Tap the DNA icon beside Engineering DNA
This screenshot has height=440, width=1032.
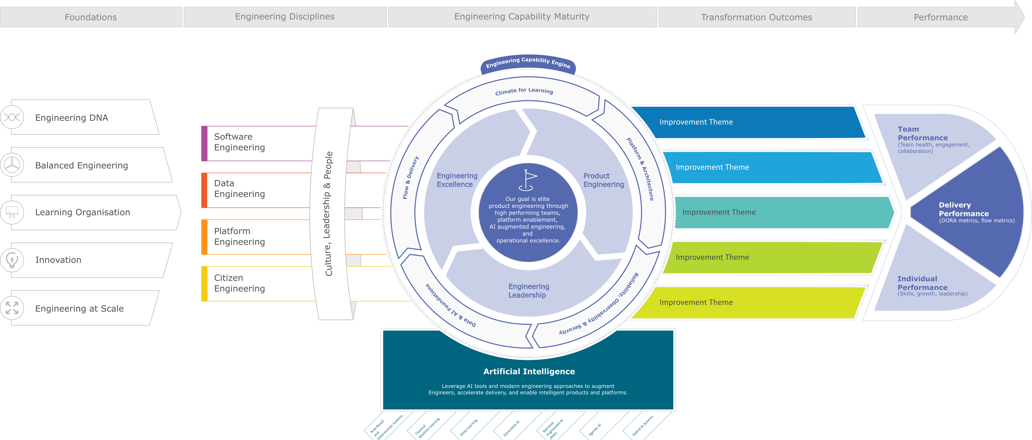coord(12,117)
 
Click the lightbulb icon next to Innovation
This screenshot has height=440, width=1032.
coord(12,260)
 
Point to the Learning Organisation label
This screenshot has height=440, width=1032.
coord(82,212)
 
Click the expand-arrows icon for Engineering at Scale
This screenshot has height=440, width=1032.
coord(12,308)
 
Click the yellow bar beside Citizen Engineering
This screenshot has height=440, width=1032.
coord(204,283)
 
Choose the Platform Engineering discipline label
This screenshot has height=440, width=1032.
coord(239,236)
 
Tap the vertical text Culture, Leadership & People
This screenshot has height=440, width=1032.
coord(328,213)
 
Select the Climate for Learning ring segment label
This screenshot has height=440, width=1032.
coord(524,91)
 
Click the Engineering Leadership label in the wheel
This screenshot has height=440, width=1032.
coord(529,291)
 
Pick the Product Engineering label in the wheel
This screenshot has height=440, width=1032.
coord(603,180)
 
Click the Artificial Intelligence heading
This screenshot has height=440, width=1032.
coord(529,371)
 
